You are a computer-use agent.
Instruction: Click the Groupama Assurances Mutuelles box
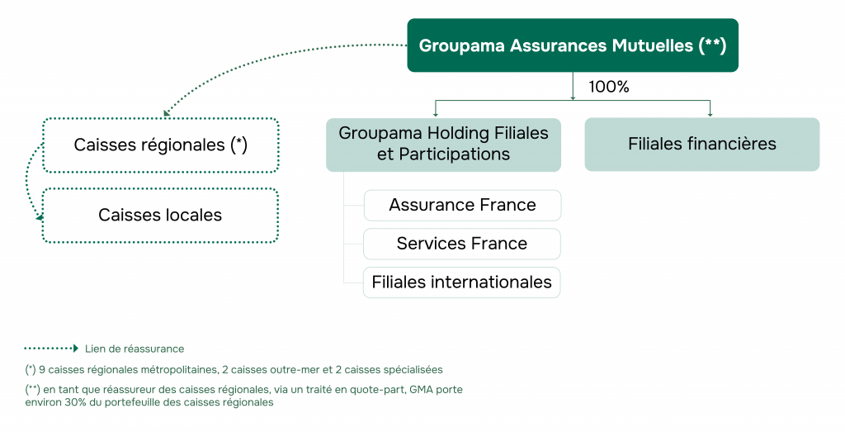pos(572,45)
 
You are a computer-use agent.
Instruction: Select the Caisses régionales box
pos(161,145)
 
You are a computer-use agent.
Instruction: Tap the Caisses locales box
pos(161,216)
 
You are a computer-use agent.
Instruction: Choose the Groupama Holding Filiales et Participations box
pos(443,144)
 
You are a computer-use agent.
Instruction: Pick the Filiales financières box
pos(701,144)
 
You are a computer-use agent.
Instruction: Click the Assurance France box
pos(462,205)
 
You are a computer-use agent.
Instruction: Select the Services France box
pos(462,244)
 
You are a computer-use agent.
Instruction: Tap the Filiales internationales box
pos(462,282)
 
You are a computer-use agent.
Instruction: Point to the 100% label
pos(608,87)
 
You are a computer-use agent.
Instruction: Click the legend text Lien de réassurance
pos(135,349)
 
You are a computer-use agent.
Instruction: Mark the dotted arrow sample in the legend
pos(51,349)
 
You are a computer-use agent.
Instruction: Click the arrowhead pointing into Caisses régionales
pos(168,113)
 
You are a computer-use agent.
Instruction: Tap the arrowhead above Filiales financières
pos(710,113)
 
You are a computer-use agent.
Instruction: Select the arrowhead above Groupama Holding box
pos(435,113)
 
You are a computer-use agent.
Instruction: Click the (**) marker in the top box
pos(711,45)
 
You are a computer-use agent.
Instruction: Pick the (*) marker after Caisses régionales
pos(239,145)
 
